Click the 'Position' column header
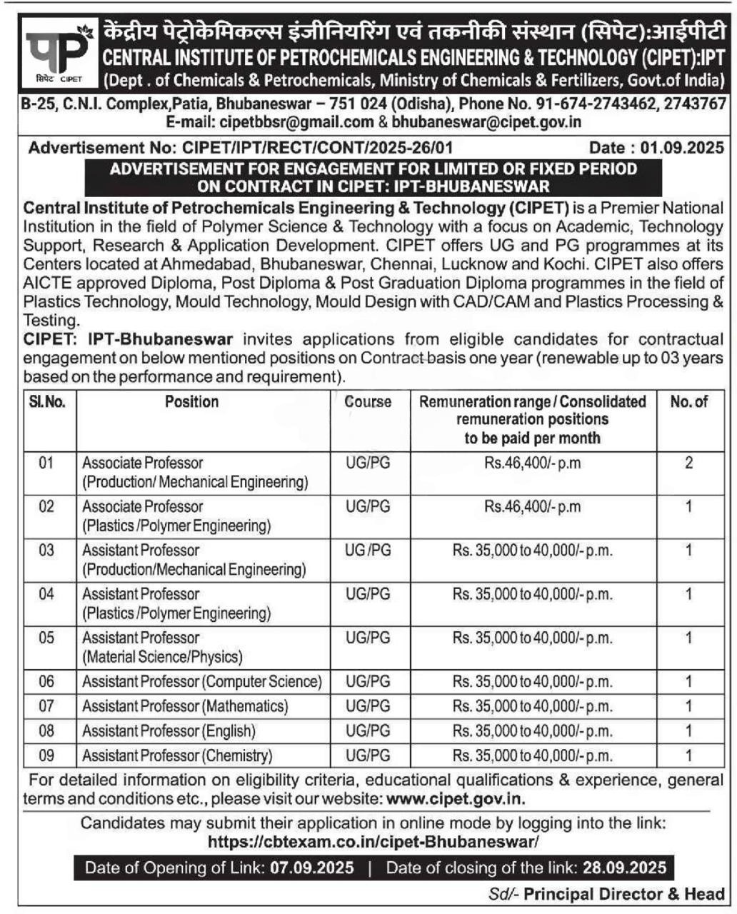click(x=191, y=401)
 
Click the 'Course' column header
click(x=368, y=401)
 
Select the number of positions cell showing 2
click(x=688, y=463)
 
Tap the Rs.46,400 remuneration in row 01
click(x=532, y=463)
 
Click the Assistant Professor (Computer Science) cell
click(x=201, y=681)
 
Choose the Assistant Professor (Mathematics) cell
click(x=185, y=706)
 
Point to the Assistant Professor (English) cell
click(x=169, y=730)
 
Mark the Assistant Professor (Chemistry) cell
click(x=177, y=755)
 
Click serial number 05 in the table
click(x=46, y=638)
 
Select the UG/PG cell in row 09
click(x=368, y=755)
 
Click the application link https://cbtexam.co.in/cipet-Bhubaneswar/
click(x=373, y=842)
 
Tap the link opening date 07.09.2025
click(x=311, y=868)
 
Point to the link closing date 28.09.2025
click(x=623, y=868)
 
